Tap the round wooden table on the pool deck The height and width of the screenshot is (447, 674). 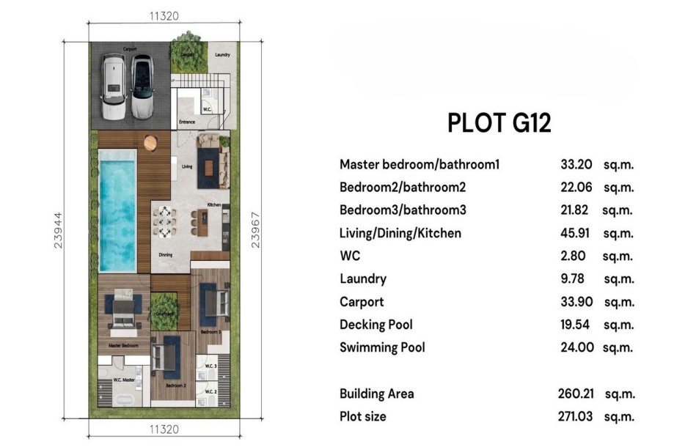pos(151,141)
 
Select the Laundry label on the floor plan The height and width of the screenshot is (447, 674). pos(222,55)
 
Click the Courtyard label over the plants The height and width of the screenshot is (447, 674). pos(165,314)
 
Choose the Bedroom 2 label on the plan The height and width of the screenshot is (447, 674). pos(175,385)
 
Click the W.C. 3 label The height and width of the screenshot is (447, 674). pos(210,366)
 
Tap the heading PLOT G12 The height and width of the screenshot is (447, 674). pos(499,123)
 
